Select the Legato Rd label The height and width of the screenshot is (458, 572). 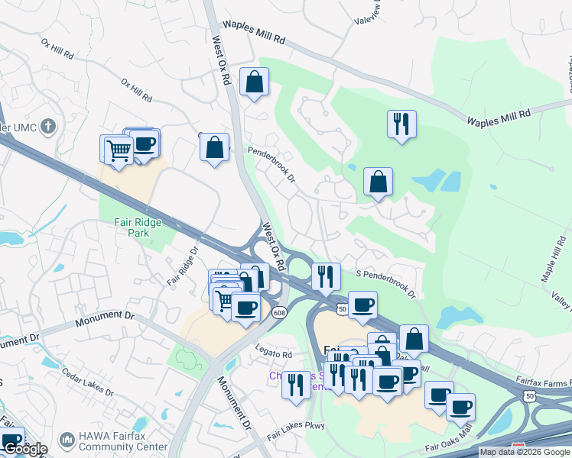coord(275,355)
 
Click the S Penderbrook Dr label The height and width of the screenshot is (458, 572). coord(385,283)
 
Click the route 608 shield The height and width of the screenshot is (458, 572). coord(279,312)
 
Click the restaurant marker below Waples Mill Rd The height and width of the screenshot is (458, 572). coord(401,124)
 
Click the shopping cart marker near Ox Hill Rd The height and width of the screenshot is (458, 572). coord(117,150)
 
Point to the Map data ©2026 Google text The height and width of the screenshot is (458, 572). coord(525,452)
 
